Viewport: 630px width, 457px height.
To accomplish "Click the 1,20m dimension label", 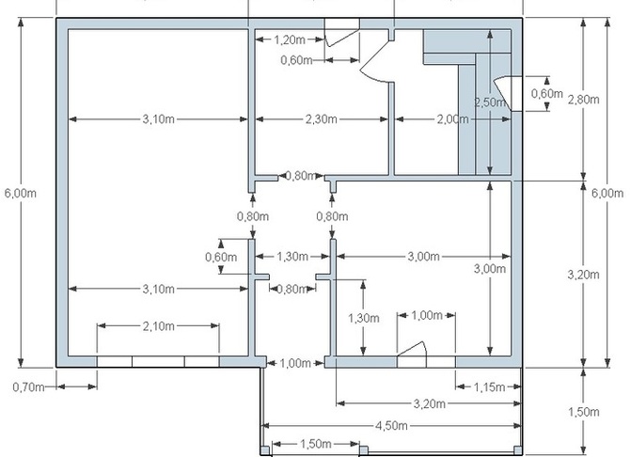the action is tap(290, 39).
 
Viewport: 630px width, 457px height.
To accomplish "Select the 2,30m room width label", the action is tap(322, 119).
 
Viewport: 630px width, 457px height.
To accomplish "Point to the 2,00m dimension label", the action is tap(453, 119).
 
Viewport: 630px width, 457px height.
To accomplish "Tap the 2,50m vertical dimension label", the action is tap(489, 102).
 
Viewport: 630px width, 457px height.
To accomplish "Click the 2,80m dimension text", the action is tap(583, 99).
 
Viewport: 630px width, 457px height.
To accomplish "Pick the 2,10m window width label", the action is tap(158, 325).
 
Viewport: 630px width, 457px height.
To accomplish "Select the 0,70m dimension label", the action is tap(28, 387).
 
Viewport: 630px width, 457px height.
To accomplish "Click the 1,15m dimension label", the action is tap(489, 387).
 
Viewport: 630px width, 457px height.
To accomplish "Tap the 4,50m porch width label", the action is tap(391, 425).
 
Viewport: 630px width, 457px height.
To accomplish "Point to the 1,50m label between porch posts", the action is tap(316, 444).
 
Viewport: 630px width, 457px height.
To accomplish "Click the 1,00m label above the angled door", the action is tap(427, 316).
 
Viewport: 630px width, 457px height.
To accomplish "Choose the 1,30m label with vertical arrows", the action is tap(363, 318).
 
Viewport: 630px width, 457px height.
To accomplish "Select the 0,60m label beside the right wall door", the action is tap(547, 93).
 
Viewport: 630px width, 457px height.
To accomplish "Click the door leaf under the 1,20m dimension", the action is tap(341, 38).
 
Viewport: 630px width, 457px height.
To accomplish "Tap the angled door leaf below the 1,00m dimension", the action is tap(412, 349).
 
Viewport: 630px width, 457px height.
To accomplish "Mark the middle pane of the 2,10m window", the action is tap(158, 361).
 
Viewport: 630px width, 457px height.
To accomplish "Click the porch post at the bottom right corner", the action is tap(518, 449).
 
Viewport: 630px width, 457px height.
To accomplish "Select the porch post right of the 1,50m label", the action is tap(363, 449).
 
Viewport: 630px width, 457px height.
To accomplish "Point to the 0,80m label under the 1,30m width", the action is tap(292, 289).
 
